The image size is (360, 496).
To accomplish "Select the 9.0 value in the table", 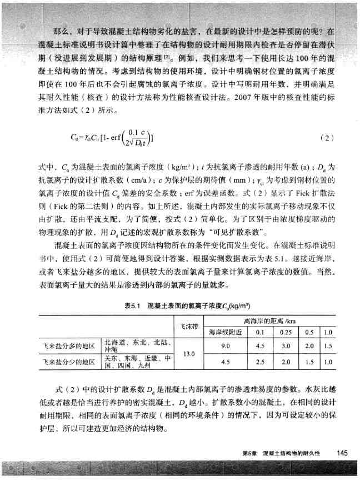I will [226, 345].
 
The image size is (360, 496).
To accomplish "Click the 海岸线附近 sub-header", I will [226, 332].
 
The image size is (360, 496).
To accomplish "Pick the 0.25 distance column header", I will [286, 332].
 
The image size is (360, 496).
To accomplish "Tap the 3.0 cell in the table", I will [286, 345].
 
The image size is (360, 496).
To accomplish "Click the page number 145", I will [342, 453].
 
